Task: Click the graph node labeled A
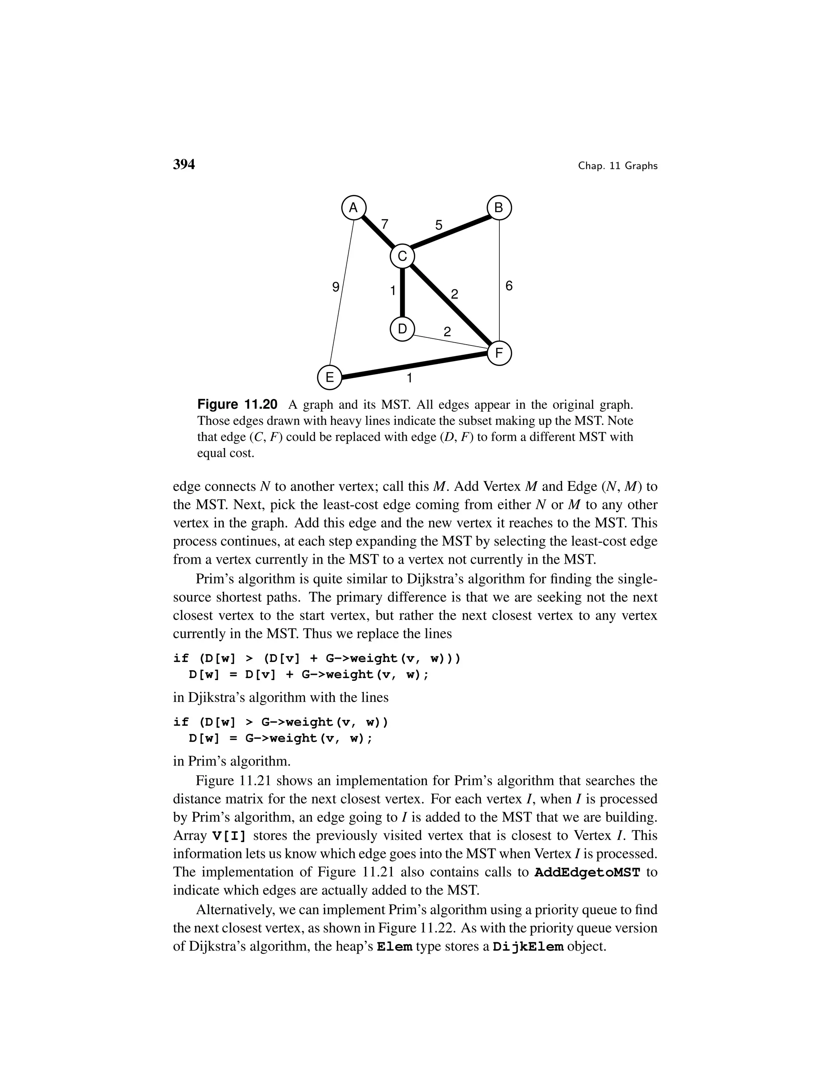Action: point(353,208)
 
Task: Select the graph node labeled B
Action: point(499,208)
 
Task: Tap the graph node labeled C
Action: point(402,256)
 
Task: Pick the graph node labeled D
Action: point(402,329)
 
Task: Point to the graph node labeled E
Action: point(330,377)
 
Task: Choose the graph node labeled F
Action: point(499,353)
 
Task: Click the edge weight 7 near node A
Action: point(385,224)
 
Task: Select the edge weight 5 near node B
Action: point(439,225)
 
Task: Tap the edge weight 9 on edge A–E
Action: point(336,287)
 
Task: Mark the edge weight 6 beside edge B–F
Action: point(509,286)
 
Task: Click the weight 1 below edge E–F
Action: point(410,378)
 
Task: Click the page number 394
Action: point(184,165)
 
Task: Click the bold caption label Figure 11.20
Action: point(237,405)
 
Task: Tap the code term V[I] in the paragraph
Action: point(229,836)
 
